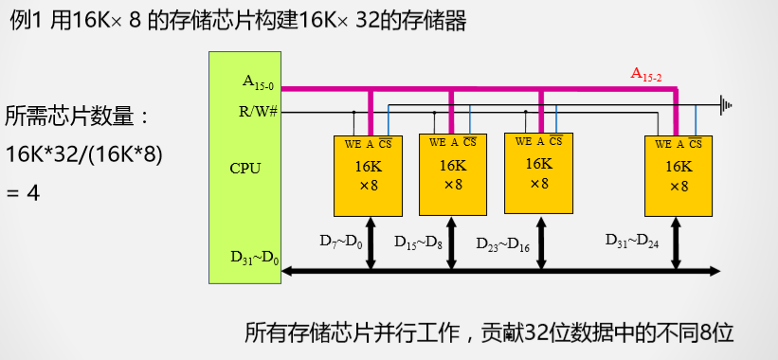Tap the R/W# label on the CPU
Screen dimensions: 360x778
(x=258, y=111)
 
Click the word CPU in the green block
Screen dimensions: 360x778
(x=244, y=169)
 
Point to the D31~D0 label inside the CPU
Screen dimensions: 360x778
(x=255, y=258)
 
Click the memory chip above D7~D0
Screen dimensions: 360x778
(x=369, y=175)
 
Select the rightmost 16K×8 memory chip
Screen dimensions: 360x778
(x=678, y=177)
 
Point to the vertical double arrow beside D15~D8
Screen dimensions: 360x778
(x=453, y=243)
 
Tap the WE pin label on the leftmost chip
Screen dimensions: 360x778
(x=352, y=143)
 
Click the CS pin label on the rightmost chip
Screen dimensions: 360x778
(x=696, y=144)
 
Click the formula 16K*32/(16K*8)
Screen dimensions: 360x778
(x=84, y=153)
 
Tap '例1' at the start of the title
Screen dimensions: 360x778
(x=27, y=21)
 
